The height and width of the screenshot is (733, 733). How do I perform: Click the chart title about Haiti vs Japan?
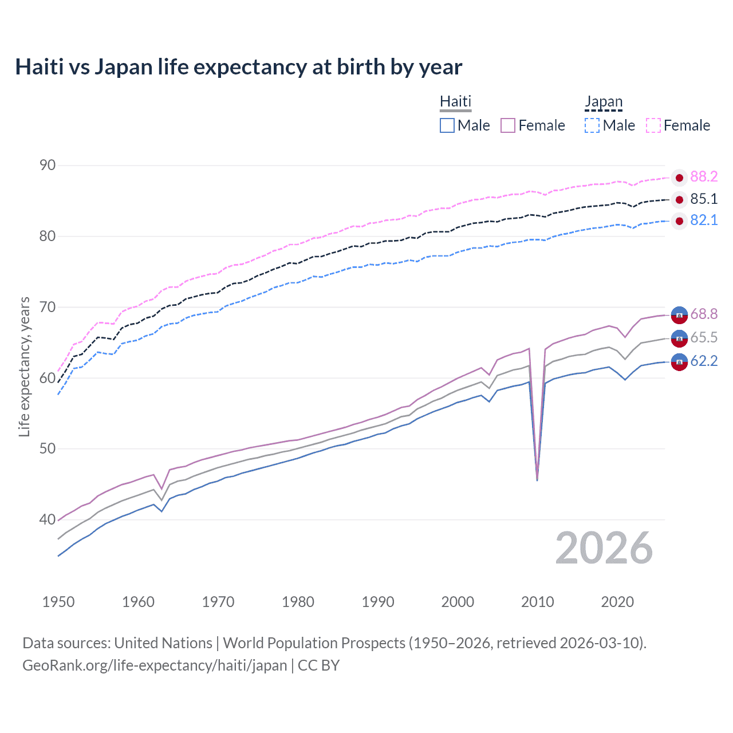[238, 67]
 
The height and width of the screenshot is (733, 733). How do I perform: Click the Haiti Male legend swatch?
[447, 125]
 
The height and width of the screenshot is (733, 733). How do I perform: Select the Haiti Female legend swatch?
[508, 125]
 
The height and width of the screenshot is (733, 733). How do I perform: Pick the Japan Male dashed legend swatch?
[592, 125]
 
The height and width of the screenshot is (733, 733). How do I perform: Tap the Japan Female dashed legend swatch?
[653, 125]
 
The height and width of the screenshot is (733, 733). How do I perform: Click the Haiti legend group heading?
[455, 101]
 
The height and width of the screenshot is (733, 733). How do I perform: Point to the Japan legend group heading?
[603, 101]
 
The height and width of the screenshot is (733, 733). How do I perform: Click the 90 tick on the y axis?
[48, 165]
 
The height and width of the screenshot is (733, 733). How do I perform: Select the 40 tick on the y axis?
[48, 519]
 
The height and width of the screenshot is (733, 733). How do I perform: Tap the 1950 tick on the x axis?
[58, 602]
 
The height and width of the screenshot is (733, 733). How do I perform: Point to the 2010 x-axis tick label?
[537, 602]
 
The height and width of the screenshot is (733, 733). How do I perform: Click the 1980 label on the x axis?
[298, 602]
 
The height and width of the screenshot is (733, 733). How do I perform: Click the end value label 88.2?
[704, 177]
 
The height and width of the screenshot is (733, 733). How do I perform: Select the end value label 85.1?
[704, 199]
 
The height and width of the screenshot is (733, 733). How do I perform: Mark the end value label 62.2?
[704, 361]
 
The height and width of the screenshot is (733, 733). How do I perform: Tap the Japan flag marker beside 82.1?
[679, 221]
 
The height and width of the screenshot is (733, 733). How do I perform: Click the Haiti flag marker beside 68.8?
[679, 314]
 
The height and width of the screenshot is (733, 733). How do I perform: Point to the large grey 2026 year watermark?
[604, 548]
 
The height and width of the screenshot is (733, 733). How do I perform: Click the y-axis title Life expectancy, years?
[25, 366]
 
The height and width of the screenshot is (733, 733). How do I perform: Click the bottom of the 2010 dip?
[537, 479]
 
